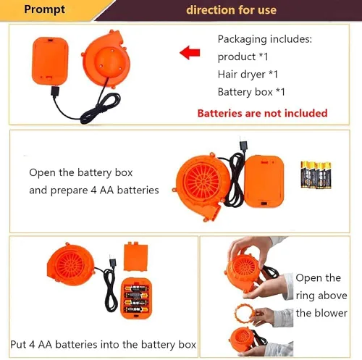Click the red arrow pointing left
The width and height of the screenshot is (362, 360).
190,53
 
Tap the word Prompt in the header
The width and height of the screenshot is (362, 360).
45,10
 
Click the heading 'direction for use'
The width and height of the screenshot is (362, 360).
231,10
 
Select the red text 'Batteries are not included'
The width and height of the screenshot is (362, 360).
262,113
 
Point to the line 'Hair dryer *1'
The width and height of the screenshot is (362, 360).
248,75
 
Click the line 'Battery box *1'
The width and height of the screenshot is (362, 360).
251,92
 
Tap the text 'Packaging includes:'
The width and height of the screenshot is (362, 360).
265,39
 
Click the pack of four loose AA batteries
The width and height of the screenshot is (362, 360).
316,175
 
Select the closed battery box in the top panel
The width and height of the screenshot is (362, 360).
50,61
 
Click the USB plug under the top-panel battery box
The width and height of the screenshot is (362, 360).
55,91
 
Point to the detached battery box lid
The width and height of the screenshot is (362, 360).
135,256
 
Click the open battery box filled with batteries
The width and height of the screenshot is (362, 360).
136,298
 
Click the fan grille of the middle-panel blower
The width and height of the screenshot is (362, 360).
202,181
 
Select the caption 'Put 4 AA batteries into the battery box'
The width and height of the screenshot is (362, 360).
104,344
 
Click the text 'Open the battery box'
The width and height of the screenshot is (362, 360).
81,172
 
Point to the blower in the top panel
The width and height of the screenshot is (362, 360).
106,59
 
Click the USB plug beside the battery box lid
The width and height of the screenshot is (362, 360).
113,261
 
